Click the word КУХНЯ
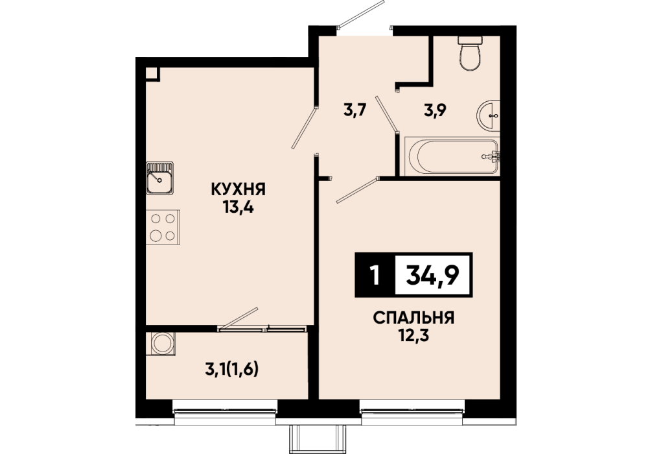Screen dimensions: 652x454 pyautogui.click(x=239, y=190)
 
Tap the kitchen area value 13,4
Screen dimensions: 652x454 pyautogui.click(x=239, y=207)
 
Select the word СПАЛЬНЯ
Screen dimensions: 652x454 pyautogui.click(x=413, y=318)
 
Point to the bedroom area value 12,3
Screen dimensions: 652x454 pyautogui.click(x=413, y=335)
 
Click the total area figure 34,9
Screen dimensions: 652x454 pyautogui.click(x=432, y=275)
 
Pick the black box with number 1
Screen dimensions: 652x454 pyautogui.click(x=375, y=274)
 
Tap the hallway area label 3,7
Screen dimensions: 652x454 pyautogui.click(x=355, y=111)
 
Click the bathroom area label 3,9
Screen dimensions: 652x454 pyautogui.click(x=436, y=111)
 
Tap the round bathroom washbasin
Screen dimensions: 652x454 pyautogui.click(x=488, y=115)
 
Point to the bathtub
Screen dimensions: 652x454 pyautogui.click(x=452, y=156)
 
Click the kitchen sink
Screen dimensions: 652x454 pyautogui.click(x=159, y=178)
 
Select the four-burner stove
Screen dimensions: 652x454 pyautogui.click(x=163, y=227)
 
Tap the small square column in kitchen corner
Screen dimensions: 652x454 pyautogui.click(x=152, y=73)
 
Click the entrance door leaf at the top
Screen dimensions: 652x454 pyautogui.click(x=360, y=14)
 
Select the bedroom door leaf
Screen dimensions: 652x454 pyautogui.click(x=357, y=191)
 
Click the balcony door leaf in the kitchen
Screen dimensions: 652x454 pyautogui.click(x=239, y=318)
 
